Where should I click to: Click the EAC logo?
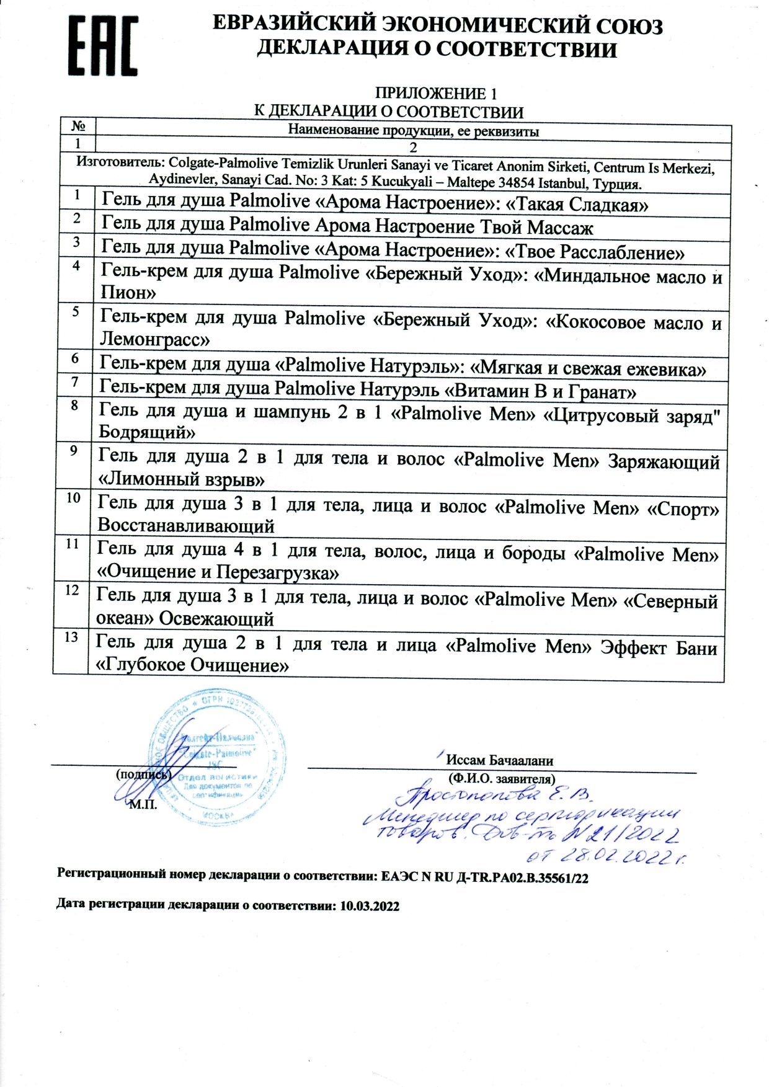pyautogui.click(x=103, y=46)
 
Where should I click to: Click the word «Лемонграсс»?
pyautogui.click(x=155, y=339)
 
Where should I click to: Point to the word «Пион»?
pyautogui.click(x=128, y=291)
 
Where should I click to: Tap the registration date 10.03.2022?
pyautogui.click(x=370, y=906)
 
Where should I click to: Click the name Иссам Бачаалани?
pyautogui.click(x=500, y=760)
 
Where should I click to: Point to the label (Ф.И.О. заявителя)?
pyautogui.click(x=501, y=779)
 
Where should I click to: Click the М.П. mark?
pyautogui.click(x=143, y=805)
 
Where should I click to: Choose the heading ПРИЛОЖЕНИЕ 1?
pyautogui.click(x=435, y=94)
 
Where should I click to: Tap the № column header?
pyautogui.click(x=78, y=126)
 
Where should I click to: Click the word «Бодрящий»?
pyautogui.click(x=148, y=432)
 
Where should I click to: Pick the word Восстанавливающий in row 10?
pyautogui.click(x=186, y=526)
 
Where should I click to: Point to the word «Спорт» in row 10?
pyautogui.click(x=683, y=510)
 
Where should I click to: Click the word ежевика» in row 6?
pyautogui.click(x=666, y=370)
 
